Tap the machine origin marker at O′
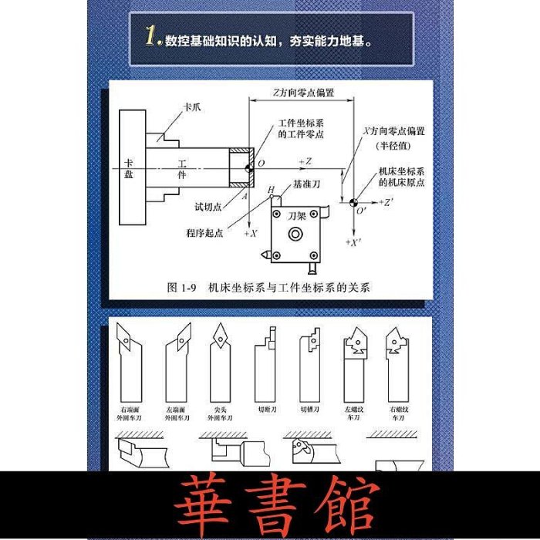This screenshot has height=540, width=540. point(352,202)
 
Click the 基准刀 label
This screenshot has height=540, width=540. point(307,186)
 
